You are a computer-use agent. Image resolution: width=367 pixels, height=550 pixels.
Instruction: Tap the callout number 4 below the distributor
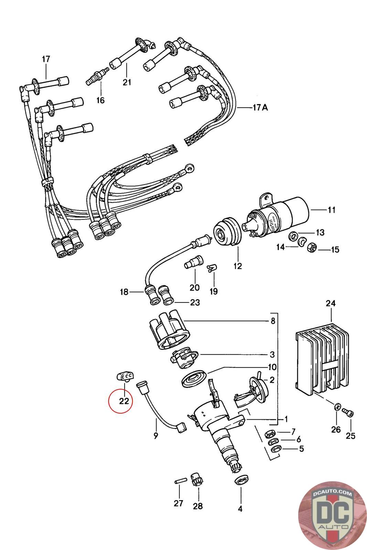(240, 509)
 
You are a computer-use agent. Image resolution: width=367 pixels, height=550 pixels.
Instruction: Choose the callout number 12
(238, 266)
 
